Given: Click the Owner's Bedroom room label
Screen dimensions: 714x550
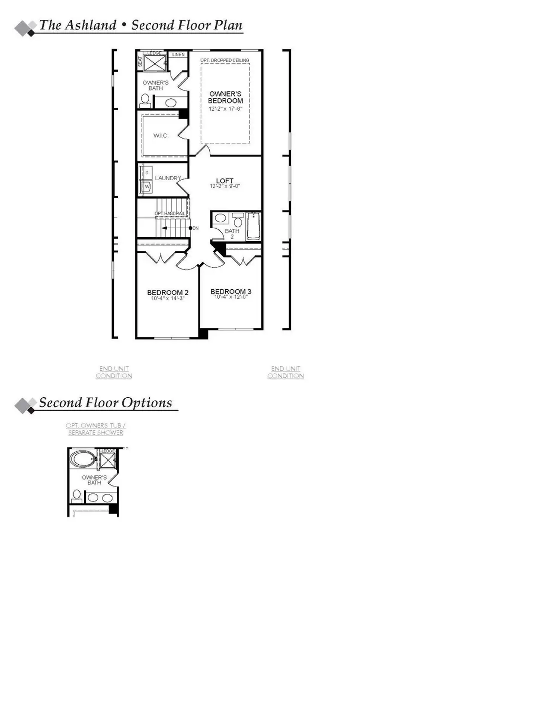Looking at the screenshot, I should (x=226, y=97).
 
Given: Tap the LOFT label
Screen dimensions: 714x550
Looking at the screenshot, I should (x=225, y=181).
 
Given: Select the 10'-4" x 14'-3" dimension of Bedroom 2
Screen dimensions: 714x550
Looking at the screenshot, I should (x=168, y=298).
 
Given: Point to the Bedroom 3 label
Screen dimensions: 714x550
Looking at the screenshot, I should (x=231, y=292).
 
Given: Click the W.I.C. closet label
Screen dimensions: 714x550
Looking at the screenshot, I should (x=161, y=136).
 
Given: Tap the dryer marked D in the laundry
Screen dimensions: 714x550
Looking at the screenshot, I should (x=147, y=172).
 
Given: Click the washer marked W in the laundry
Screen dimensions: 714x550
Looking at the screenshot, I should (x=147, y=187).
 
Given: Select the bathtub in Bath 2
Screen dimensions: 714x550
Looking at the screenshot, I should (x=254, y=226).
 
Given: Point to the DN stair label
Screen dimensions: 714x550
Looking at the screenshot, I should (x=196, y=228).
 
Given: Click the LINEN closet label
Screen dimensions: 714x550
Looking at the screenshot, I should (x=178, y=54).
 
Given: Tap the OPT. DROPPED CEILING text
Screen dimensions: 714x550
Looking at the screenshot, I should (x=225, y=61).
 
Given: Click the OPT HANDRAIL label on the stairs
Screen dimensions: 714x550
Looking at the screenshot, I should (x=170, y=214).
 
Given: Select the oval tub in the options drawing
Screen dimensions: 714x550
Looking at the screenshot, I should (x=82, y=459).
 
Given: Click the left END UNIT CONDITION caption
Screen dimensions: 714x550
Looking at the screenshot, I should (x=114, y=372).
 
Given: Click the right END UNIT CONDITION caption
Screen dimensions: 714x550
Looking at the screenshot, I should (x=286, y=372).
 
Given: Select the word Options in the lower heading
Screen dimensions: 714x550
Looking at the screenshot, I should (x=147, y=402).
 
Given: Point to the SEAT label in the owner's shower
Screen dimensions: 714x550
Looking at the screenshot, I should (x=140, y=61).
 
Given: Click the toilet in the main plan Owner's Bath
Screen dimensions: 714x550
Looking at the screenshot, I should (x=145, y=101).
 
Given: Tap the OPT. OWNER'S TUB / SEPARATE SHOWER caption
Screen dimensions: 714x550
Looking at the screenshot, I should (x=95, y=429).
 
